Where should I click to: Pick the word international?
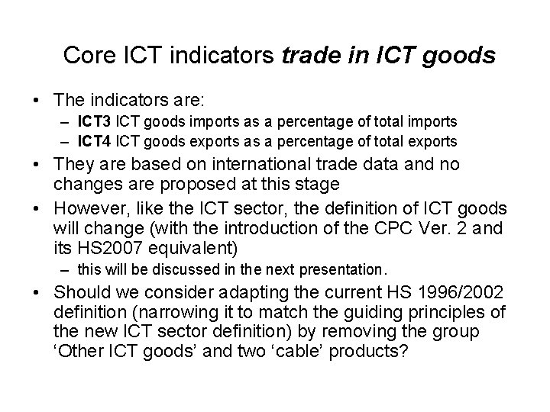click(242, 166)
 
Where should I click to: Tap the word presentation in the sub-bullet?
click(347, 269)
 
